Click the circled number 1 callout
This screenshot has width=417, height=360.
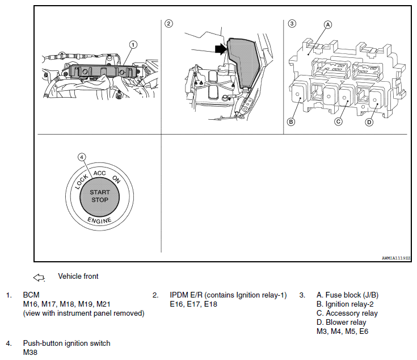click(133, 44)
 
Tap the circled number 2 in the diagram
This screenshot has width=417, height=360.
click(169, 23)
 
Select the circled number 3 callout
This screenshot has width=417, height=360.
click(292, 23)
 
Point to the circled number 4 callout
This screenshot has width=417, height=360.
click(82, 157)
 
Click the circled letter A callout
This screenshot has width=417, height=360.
click(328, 25)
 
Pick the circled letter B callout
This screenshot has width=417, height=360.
click(291, 122)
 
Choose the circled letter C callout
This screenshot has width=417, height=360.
click(338, 122)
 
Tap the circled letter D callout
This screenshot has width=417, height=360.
click(369, 123)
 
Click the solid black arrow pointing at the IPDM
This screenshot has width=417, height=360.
click(221, 49)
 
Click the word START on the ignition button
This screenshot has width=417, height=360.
click(100, 192)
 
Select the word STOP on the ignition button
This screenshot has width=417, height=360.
click(100, 200)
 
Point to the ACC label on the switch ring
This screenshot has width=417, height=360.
click(99, 173)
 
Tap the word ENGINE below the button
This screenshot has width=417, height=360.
click(99, 220)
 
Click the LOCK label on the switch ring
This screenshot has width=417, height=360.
click(81, 182)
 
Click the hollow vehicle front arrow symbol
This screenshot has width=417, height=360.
click(39, 278)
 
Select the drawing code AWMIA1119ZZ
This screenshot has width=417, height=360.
click(396, 258)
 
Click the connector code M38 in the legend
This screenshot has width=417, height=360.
click(30, 352)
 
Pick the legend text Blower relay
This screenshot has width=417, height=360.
click(346, 322)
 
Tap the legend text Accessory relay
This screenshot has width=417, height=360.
click(352, 313)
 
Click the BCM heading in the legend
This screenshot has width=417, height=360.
click(31, 295)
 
